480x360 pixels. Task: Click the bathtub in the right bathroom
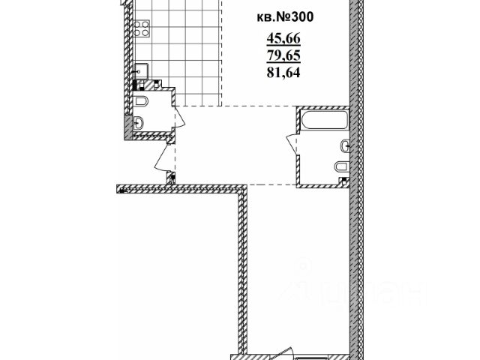point(323,120)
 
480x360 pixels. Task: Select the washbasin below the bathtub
point(344,144)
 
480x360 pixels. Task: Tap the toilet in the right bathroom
point(340,166)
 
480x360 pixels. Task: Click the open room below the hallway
point(300,270)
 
